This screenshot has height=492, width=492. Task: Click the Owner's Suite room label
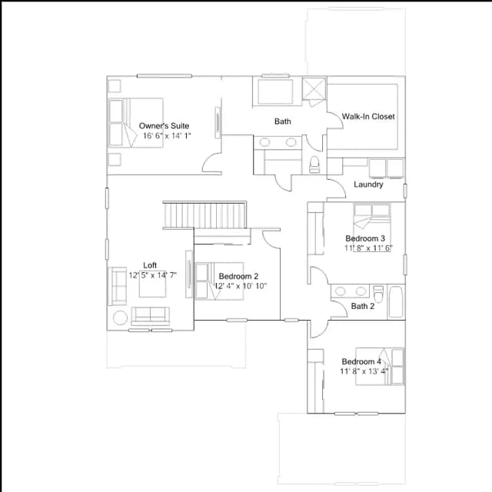[164, 126]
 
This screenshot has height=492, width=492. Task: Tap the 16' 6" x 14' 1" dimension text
[167, 136]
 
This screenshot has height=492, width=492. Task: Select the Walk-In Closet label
[368, 116]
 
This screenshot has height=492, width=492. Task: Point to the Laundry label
[368, 184]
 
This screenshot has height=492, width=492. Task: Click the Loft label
[150, 265]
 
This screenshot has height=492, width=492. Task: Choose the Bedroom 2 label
[238, 276]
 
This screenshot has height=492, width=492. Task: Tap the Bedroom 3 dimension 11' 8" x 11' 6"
[368, 248]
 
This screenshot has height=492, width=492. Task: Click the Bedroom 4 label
[361, 361]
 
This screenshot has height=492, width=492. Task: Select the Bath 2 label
[362, 306]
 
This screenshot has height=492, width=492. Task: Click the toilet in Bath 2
[378, 294]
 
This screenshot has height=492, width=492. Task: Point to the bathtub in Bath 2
[396, 302]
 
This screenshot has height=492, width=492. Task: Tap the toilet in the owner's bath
[314, 165]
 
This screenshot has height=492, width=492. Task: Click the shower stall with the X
[314, 88]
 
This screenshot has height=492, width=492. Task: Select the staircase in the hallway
[204, 215]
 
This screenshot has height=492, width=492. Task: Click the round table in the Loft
[120, 317]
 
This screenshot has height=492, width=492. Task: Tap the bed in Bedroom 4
[380, 366]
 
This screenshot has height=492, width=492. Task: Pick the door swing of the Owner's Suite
[212, 162]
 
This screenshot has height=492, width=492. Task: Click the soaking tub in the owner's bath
[275, 91]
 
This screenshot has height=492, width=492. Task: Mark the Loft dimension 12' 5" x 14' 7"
[153, 275]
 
